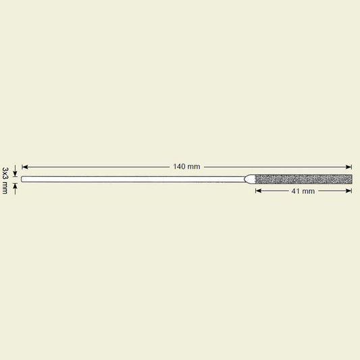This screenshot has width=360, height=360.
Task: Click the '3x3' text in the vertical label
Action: (5, 173)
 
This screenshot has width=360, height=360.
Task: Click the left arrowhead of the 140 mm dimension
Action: (25, 167)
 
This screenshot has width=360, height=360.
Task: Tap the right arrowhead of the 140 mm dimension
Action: (349, 167)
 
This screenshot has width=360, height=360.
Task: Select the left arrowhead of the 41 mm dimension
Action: (259, 190)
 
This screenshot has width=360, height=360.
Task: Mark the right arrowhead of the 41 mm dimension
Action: (349, 190)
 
